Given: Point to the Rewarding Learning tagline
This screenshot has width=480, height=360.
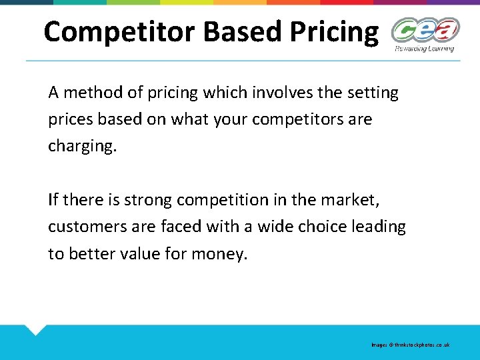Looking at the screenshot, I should click(x=424, y=48).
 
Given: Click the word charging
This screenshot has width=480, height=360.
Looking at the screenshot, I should click(x=81, y=147).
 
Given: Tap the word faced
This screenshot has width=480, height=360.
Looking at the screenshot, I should click(x=181, y=227).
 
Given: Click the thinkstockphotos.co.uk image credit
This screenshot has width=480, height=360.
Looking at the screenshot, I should click(x=411, y=345).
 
